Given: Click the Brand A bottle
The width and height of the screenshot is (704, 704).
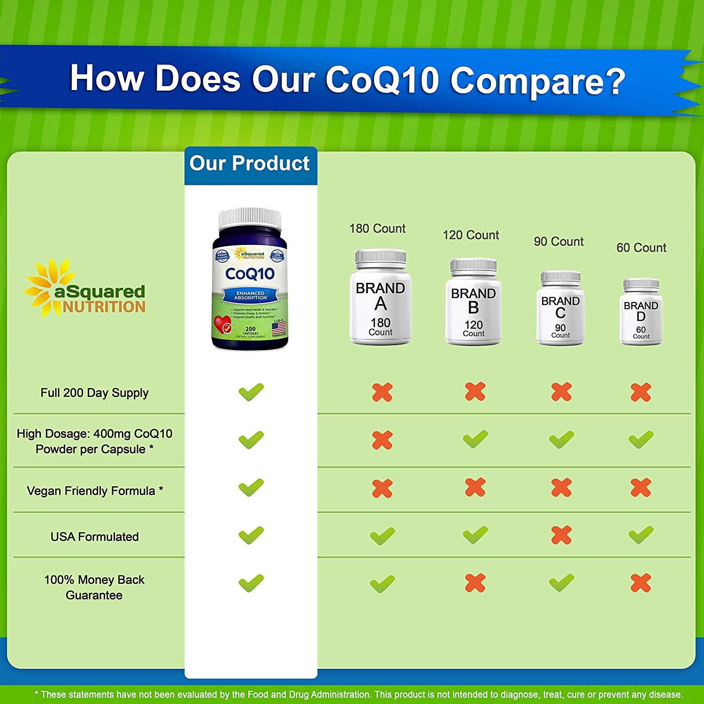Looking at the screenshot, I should click(x=380, y=298).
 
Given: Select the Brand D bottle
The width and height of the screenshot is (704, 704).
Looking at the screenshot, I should click(x=641, y=312).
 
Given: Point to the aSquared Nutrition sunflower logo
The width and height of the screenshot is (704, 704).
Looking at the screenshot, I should click(x=52, y=288).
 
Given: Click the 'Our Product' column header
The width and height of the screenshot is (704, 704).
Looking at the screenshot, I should click(x=250, y=164).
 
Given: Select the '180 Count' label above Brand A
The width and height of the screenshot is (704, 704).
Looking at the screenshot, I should click(x=377, y=229).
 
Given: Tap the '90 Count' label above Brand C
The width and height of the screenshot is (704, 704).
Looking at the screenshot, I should click(x=559, y=242).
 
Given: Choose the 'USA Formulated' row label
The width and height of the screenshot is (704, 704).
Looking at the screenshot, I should click(x=95, y=536).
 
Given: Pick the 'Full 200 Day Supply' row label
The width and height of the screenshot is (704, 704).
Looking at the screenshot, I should click(x=95, y=393).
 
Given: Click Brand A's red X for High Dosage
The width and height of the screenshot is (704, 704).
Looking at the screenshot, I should click(x=382, y=440).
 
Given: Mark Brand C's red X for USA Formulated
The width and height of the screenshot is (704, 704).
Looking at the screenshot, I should click(x=561, y=535).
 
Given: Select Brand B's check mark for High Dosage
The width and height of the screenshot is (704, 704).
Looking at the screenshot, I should click(x=475, y=439).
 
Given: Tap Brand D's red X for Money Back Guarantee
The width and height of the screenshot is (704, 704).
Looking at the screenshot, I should click(x=641, y=583).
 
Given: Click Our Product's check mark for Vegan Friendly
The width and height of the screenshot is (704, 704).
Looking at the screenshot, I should click(x=251, y=488).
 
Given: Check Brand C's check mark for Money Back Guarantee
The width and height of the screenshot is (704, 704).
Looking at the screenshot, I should click(x=561, y=582).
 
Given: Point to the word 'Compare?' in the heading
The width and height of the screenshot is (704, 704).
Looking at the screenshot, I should click(x=538, y=81).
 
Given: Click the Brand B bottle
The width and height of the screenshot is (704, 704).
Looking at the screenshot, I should click(x=473, y=303).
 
